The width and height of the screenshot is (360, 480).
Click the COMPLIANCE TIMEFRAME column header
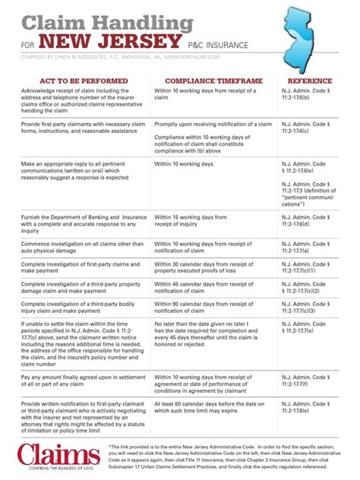(x=210, y=81)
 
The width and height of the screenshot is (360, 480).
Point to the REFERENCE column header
(x=311, y=81)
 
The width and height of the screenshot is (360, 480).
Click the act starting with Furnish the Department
(x=84, y=225)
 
